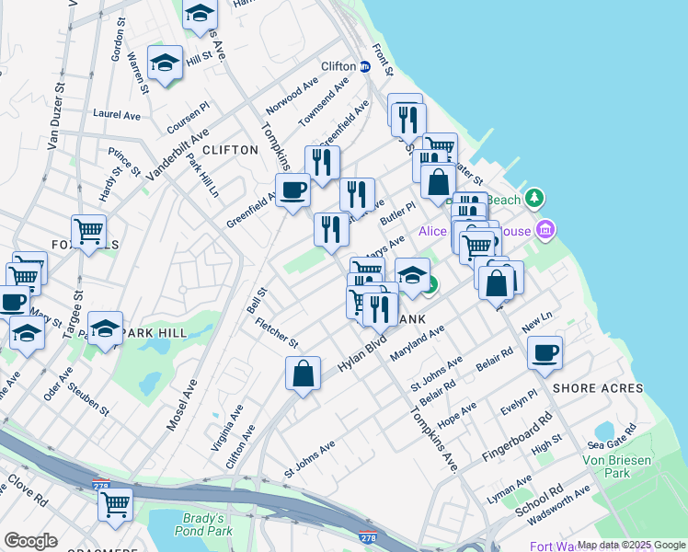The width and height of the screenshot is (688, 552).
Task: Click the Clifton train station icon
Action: pyautogui.click(x=365, y=66)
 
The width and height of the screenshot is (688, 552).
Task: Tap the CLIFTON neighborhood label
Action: pyautogui.click(x=230, y=150)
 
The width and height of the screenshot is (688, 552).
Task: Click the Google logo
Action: pyautogui.click(x=30, y=541)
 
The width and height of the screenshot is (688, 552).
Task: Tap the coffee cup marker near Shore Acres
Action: pyautogui.click(x=545, y=353)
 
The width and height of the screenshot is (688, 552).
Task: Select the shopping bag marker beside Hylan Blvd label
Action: pyautogui.click(x=303, y=374)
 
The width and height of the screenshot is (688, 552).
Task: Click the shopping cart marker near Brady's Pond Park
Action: pyautogui.click(x=115, y=504)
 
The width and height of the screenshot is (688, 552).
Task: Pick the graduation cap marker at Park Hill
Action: pyautogui.click(x=106, y=328)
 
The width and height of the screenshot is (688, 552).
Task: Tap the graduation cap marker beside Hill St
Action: pyautogui.click(x=165, y=63)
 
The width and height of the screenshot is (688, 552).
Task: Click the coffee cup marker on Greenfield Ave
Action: pyautogui.click(x=293, y=191)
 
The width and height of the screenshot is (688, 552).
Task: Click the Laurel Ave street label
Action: pyautogui.click(x=116, y=116)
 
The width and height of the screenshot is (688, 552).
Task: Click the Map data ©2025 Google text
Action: pyautogui.click(x=630, y=545)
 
